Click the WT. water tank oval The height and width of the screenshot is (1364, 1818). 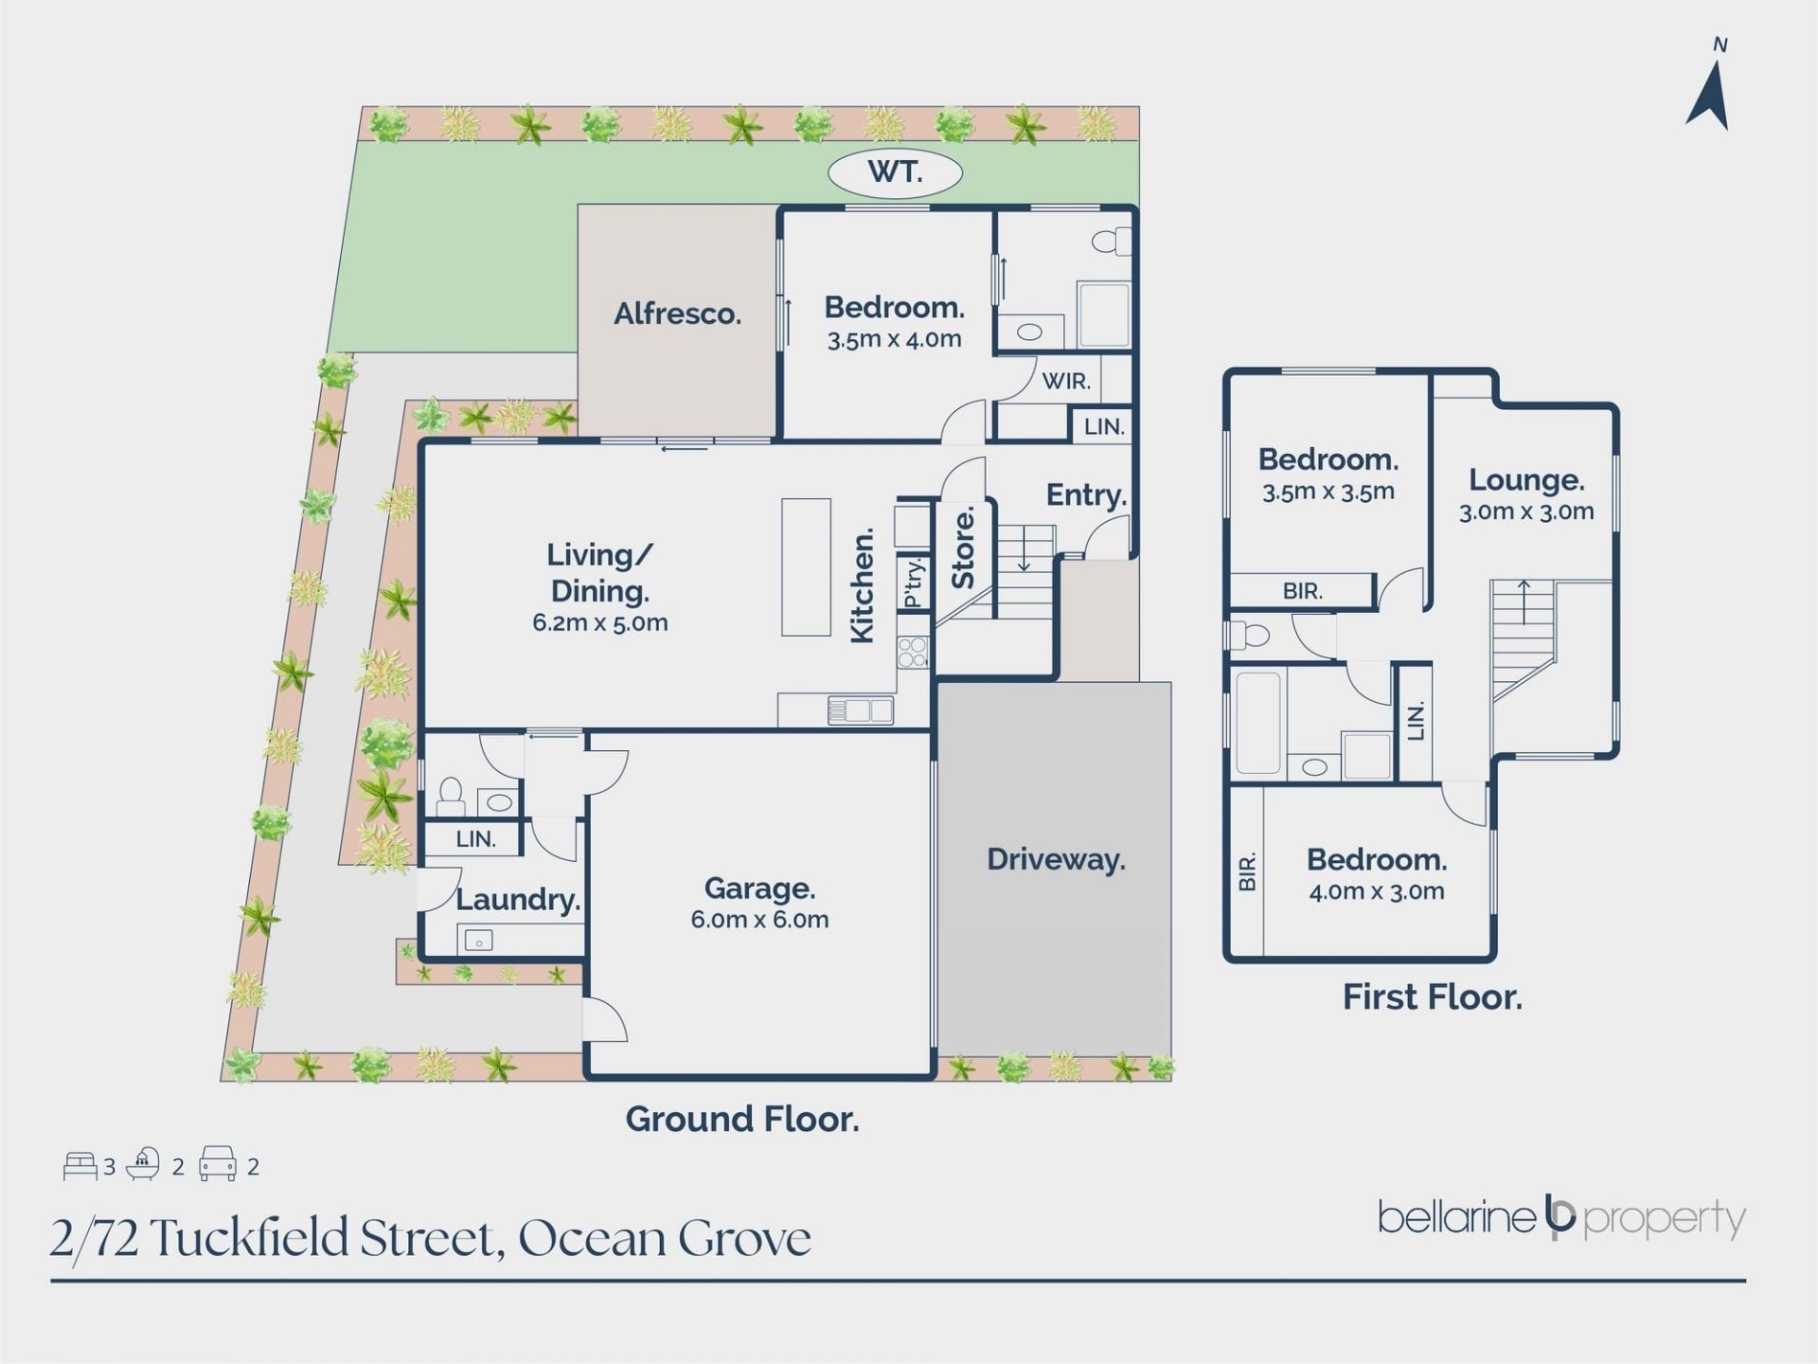(x=895, y=173)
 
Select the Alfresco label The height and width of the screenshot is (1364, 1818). (x=677, y=314)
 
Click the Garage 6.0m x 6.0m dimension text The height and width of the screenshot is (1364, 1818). (x=759, y=920)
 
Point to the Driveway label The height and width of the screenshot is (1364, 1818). (x=1056, y=859)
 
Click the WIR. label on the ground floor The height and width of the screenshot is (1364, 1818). (x=1066, y=381)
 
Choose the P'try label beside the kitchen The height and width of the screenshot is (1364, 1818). (x=913, y=583)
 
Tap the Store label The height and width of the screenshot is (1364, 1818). (x=963, y=548)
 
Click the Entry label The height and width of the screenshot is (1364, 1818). (x=1086, y=494)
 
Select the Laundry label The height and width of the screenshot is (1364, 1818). (x=518, y=899)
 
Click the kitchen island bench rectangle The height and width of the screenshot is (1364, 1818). (x=806, y=567)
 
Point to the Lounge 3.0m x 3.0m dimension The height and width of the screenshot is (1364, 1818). (x=1526, y=511)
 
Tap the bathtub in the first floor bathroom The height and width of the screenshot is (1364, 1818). (x=1258, y=722)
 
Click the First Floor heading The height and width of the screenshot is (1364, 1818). (x=1432, y=997)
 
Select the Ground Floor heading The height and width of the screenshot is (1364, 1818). (x=742, y=1120)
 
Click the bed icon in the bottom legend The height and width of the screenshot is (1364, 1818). (x=80, y=1166)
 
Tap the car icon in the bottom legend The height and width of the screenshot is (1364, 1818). (x=218, y=1165)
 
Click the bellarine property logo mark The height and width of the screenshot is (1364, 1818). (x=1559, y=1217)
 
